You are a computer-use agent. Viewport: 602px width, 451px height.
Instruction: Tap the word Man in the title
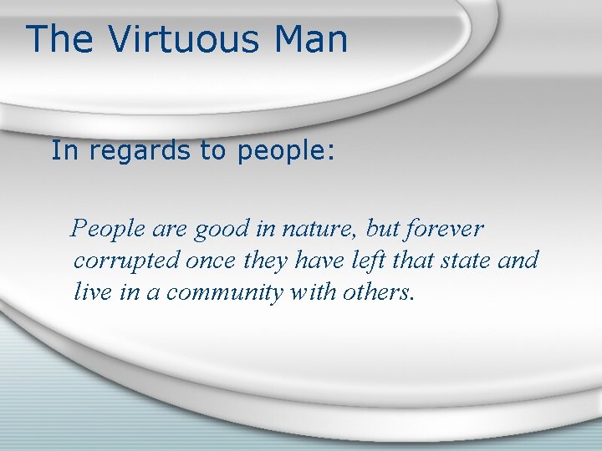309,40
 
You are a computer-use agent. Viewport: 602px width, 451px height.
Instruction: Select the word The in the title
59,40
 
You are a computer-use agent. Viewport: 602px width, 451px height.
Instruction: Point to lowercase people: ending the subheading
286,151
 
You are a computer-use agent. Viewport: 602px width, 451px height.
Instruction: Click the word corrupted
126,261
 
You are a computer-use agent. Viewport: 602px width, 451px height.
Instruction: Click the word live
91,292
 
